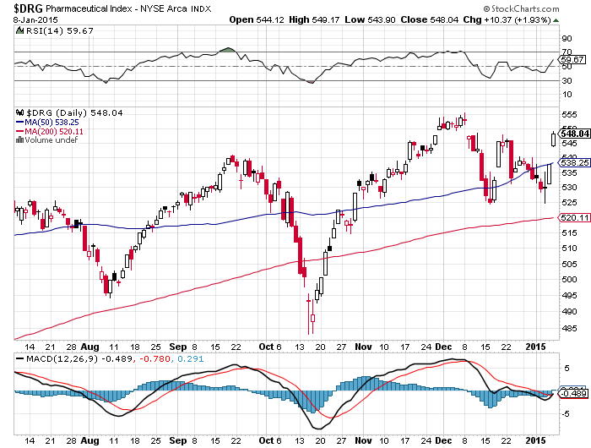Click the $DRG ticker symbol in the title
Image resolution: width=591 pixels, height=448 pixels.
pyautogui.click(x=28, y=8)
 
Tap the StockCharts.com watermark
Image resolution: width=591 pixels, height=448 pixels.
pyautogui.click(x=521, y=8)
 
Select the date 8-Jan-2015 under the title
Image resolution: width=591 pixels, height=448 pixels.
pyautogui.click(x=35, y=19)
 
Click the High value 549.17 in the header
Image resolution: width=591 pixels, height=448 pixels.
pyautogui.click(x=326, y=19)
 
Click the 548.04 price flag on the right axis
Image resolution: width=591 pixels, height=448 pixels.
pyautogui.click(x=573, y=134)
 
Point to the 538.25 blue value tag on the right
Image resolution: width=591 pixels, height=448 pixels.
pyautogui.click(x=573, y=162)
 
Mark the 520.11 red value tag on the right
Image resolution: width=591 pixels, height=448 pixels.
pyautogui.click(x=573, y=218)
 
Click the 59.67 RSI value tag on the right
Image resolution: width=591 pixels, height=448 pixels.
pyautogui.click(x=572, y=59)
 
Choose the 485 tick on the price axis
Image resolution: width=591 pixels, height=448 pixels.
pyautogui.click(x=570, y=328)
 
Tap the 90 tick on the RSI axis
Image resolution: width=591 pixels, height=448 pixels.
pyautogui.click(x=567, y=39)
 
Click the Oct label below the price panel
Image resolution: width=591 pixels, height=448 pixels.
pyautogui.click(x=266, y=347)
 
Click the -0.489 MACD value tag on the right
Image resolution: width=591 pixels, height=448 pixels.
pyautogui.click(x=573, y=394)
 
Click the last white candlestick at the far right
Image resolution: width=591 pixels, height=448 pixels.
pyautogui.click(x=553, y=139)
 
